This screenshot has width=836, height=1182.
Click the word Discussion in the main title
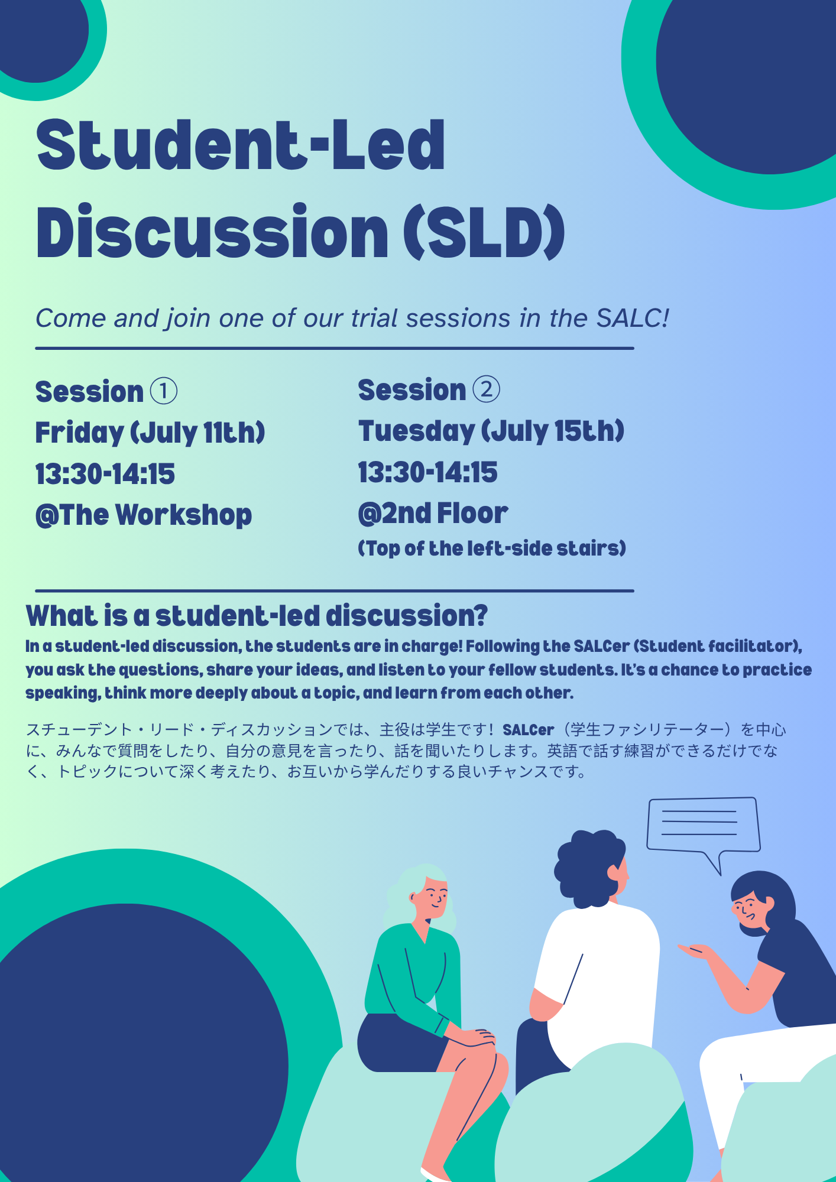click(212, 232)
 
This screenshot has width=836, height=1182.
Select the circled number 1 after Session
click(164, 391)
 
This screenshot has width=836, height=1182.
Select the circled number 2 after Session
click(487, 389)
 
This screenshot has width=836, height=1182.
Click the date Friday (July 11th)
click(150, 433)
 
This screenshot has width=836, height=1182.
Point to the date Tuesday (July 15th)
click(491, 431)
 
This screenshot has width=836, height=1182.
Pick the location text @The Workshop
click(144, 515)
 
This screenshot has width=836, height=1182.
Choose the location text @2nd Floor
click(433, 513)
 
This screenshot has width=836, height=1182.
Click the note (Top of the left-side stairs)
click(492, 548)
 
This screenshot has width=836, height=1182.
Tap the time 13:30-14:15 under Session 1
click(105, 474)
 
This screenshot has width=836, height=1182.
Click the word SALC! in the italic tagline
click(633, 318)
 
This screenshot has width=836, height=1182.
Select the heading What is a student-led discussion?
click(257, 616)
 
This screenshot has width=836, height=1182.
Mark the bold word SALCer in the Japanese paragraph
click(529, 730)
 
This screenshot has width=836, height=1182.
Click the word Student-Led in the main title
click(241, 145)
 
